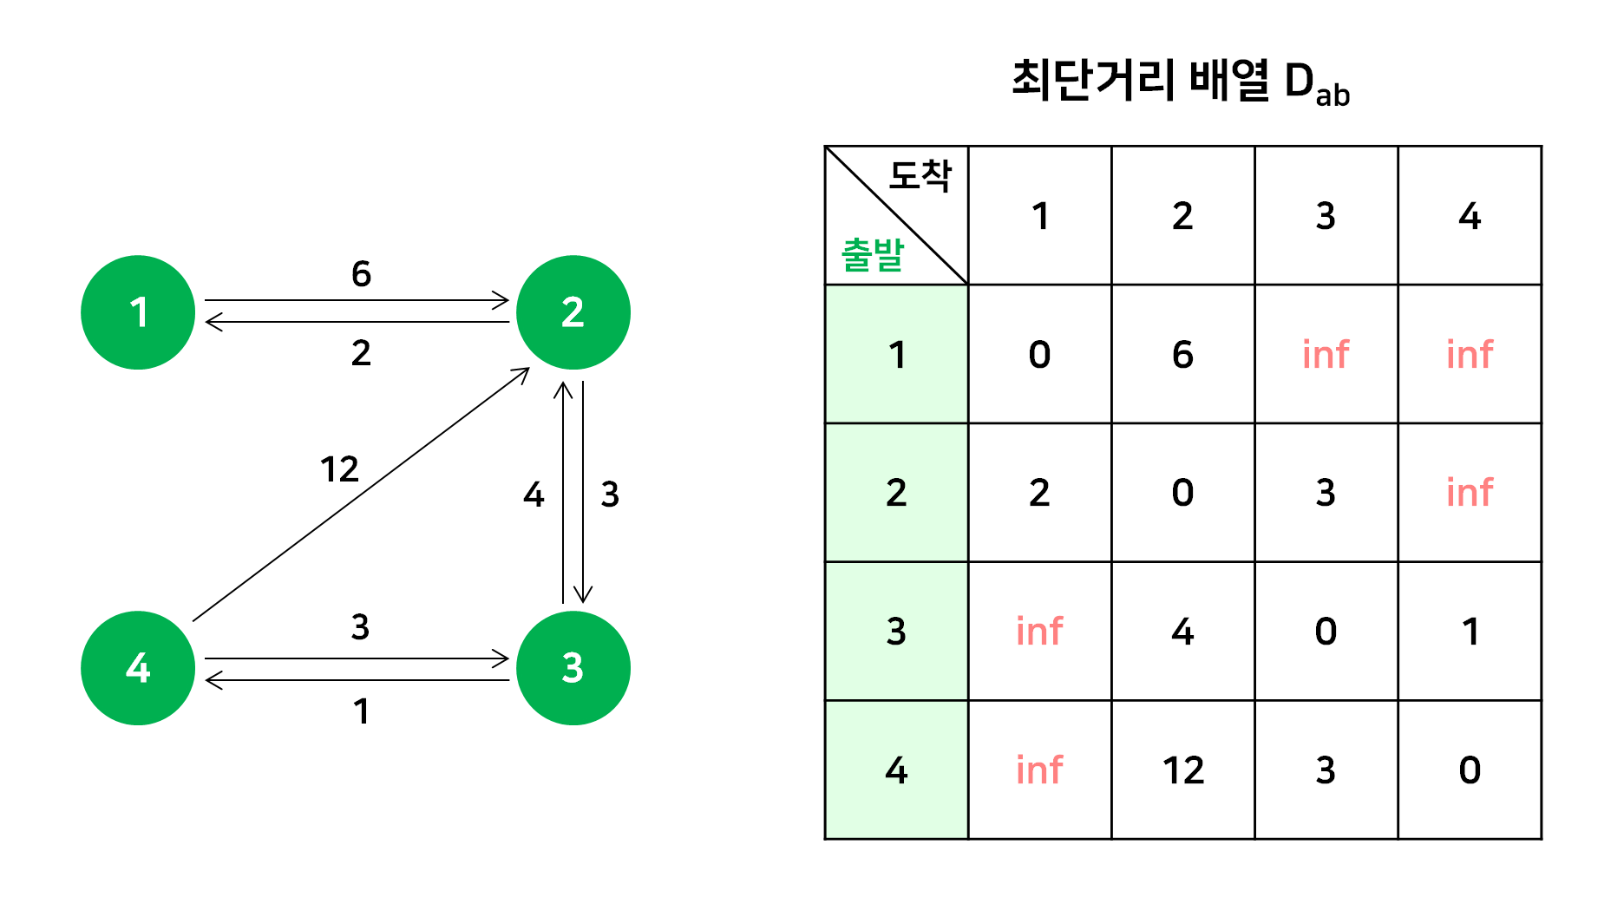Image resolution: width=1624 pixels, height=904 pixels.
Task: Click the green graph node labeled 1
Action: coord(138,312)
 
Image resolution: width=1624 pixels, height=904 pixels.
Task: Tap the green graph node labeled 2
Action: coord(573,312)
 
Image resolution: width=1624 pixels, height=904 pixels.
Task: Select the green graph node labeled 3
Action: coord(573,668)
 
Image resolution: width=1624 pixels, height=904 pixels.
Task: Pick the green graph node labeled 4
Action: coord(138,668)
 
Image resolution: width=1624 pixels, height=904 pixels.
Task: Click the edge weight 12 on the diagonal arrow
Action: coord(339,469)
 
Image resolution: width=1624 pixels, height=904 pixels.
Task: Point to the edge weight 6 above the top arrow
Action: coord(361,274)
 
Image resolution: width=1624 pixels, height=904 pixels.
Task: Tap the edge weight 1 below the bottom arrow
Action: coord(361,711)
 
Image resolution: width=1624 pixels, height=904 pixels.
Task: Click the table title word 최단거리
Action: coord(1093,81)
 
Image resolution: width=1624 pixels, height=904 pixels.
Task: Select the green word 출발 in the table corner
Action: coord(873,255)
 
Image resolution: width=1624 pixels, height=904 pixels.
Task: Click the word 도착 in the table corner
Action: coord(920,176)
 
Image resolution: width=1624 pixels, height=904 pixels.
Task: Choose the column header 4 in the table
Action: coord(1470,216)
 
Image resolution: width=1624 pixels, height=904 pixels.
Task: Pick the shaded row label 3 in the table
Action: coord(896,632)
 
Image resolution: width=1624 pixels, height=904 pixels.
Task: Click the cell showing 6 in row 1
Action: coord(1182,354)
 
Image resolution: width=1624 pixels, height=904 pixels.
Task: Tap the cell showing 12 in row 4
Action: coord(1182,770)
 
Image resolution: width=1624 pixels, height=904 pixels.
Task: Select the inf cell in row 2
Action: coord(1470,493)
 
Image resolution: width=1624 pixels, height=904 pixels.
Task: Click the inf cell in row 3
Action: coord(1039,632)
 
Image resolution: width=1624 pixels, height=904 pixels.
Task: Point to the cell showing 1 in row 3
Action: coord(1470,632)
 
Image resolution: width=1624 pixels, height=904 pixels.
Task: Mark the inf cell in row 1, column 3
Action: coord(1326,354)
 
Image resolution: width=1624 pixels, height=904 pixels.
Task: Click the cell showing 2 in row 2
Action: coord(1039,493)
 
